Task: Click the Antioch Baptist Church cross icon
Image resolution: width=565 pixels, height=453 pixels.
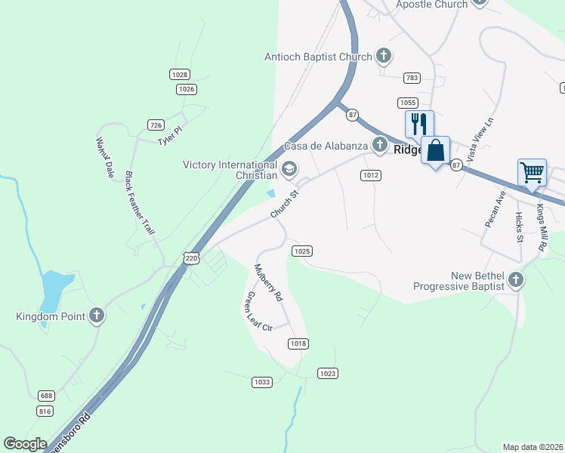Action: pyautogui.click(x=384, y=56)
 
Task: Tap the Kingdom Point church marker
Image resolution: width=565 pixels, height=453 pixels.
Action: pyautogui.click(x=96, y=316)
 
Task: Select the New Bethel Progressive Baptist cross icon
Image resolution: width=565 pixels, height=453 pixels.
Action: pyautogui.click(x=515, y=280)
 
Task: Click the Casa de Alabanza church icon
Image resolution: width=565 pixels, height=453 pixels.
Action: pyautogui.click(x=380, y=144)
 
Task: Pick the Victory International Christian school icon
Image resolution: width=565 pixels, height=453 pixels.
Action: pyautogui.click(x=289, y=169)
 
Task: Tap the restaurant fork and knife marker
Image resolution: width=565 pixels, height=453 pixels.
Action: pyautogui.click(x=419, y=124)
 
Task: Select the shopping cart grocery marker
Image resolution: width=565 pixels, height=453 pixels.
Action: pyautogui.click(x=532, y=172)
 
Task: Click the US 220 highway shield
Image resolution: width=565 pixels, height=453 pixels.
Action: pyautogui.click(x=191, y=258)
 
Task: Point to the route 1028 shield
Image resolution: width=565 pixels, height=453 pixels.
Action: pyautogui.click(x=180, y=75)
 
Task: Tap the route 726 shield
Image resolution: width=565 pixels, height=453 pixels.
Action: pyautogui.click(x=156, y=125)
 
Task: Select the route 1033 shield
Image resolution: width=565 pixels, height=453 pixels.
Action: pyautogui.click(x=261, y=382)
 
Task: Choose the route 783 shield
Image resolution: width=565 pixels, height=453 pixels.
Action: pyautogui.click(x=412, y=78)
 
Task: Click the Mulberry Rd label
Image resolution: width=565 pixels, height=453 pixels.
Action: pyautogui.click(x=267, y=282)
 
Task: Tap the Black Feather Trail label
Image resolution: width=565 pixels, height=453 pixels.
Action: pyautogui.click(x=139, y=202)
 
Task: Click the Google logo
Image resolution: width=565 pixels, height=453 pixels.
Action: pyautogui.click(x=26, y=444)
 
